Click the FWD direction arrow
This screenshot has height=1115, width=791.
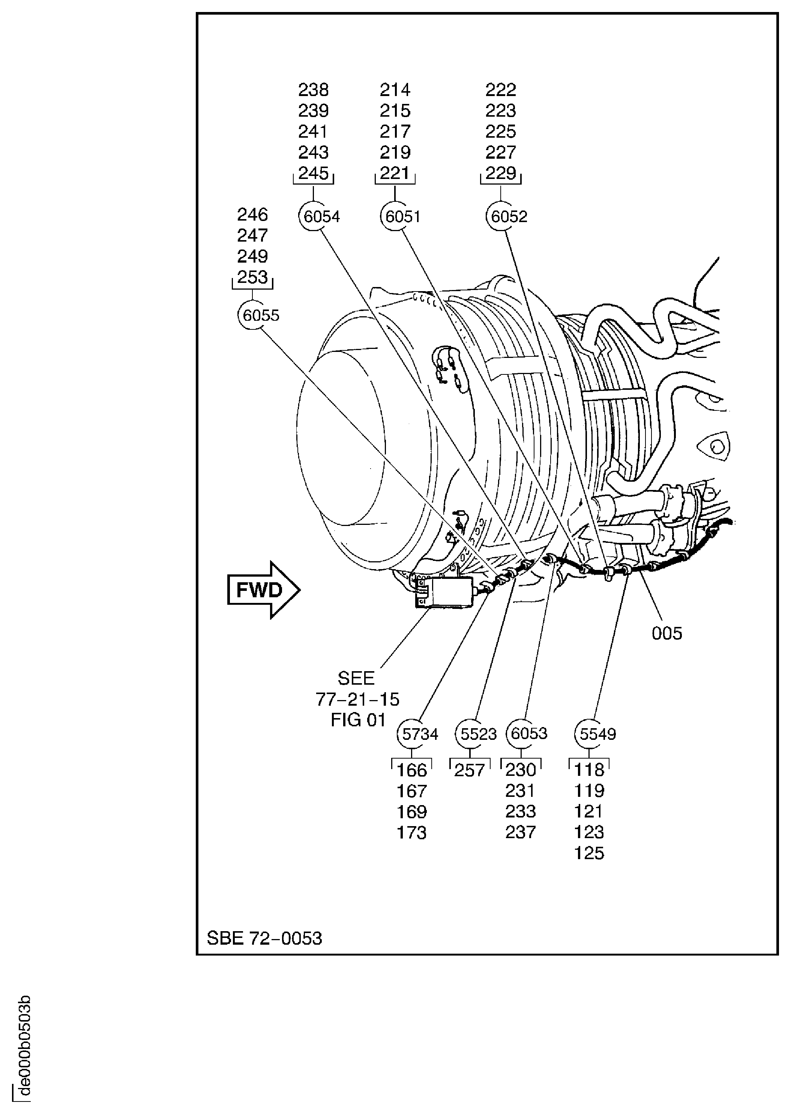click(263, 590)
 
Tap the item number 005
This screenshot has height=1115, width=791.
click(666, 633)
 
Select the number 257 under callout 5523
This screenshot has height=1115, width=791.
click(469, 770)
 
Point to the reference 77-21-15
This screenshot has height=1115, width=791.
click(357, 699)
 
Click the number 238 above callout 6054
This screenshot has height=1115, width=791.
click(313, 90)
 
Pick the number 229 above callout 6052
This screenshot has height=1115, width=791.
click(501, 173)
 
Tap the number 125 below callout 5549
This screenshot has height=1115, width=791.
click(589, 853)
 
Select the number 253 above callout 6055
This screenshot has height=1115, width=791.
click(252, 276)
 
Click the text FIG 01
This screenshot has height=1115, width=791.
click(358, 720)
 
